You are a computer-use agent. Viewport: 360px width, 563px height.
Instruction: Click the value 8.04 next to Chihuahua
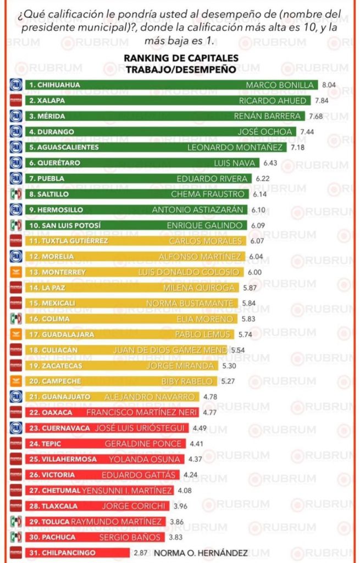pos(329,85)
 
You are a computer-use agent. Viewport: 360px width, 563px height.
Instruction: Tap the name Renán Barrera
pos(268,116)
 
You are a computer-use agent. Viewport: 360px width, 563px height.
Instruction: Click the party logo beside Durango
pos(16,131)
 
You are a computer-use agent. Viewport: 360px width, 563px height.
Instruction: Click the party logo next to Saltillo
pos(16,194)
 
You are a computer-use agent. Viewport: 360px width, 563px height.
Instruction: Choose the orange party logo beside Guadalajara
pos(16,334)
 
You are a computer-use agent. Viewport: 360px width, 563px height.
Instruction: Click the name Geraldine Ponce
pos(143,443)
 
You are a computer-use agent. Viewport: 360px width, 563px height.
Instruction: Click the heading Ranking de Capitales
pos(181,58)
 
